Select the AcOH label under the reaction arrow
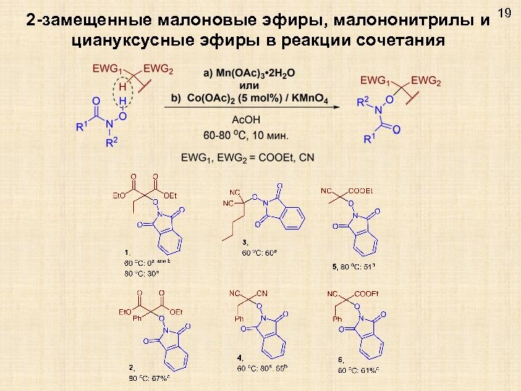[x=246, y=120]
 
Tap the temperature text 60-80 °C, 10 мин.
[x=247, y=135]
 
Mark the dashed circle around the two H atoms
[x=122, y=94]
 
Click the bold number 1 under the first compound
[x=127, y=251]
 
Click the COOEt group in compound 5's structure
[x=360, y=191]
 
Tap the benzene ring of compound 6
[x=367, y=346]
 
